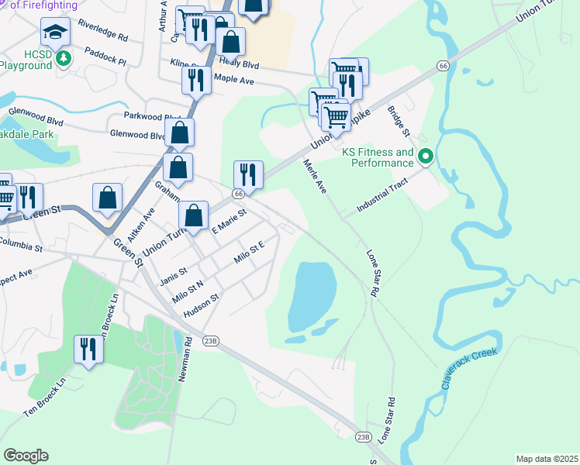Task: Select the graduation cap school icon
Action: pyautogui.click(x=56, y=32)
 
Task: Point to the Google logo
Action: pyautogui.click(x=26, y=456)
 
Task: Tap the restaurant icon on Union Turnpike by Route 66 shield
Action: pyautogui.click(x=248, y=174)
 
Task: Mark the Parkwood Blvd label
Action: pyautogui.click(x=152, y=116)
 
